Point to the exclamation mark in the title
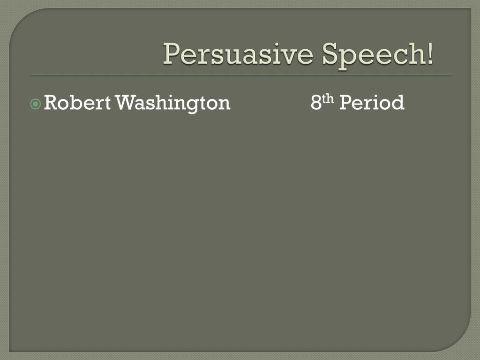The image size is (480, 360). [430, 54]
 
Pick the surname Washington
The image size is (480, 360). [173, 103]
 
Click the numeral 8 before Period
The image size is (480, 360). [316, 103]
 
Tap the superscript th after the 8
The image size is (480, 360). [329, 98]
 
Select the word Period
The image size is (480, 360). [371, 103]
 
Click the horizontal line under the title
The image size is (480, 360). [240, 75]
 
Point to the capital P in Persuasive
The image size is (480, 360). [171, 54]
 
